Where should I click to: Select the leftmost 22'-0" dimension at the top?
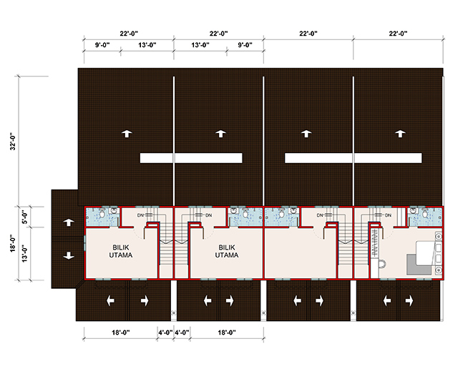pos(129,33)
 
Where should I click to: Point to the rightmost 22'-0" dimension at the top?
pos(398,33)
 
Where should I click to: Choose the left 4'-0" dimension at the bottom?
pos(165,332)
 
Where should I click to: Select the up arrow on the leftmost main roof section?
pos(127,133)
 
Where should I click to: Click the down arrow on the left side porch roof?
pos(69,255)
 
